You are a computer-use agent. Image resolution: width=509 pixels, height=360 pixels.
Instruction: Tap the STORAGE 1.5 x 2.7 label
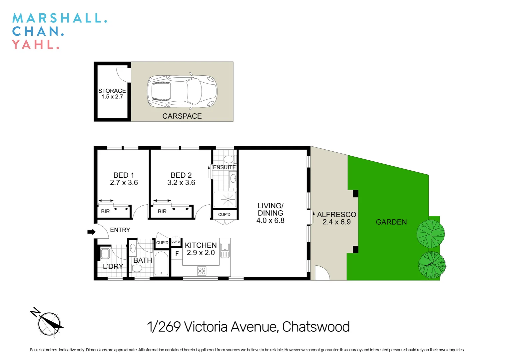click(112, 94)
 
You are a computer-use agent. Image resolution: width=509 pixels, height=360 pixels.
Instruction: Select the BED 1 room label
click(124, 175)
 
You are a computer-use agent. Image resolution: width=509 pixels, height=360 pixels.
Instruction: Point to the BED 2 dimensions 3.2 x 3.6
click(181, 183)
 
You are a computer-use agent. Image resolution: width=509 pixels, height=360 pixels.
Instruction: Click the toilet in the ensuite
click(229, 159)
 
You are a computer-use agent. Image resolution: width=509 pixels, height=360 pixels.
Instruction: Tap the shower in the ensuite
click(225, 200)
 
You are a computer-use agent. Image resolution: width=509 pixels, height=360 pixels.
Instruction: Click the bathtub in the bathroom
click(162, 263)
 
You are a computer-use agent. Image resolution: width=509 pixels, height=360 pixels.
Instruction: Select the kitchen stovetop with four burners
click(202, 271)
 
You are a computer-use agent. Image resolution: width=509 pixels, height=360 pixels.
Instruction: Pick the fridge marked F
click(177, 254)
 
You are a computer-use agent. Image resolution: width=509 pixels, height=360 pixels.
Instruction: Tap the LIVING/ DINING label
click(270, 213)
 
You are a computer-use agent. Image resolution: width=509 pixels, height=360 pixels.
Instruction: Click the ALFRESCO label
click(336, 215)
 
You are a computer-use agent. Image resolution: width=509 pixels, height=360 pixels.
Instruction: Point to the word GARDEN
click(391, 222)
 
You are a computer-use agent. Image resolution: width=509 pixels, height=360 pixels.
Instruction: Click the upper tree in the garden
click(431, 234)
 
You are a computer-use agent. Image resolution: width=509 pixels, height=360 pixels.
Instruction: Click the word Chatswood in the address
click(316, 327)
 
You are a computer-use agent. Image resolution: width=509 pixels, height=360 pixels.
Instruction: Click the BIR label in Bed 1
click(105, 211)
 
